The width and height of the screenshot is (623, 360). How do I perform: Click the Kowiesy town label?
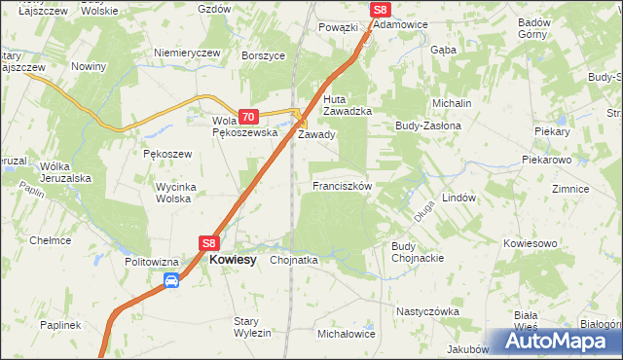tap(234, 261)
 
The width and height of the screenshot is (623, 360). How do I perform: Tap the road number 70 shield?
tap(247, 116)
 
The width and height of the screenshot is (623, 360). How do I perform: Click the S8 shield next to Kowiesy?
tap(209, 243)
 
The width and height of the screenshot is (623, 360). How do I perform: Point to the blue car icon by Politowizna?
tap(171, 281)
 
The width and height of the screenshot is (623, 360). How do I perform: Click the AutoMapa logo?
tap(555, 342)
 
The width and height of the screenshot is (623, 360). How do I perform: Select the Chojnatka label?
tap(294, 261)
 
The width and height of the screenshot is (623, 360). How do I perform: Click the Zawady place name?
tap(316, 134)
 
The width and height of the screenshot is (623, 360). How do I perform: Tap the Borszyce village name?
tap(263, 56)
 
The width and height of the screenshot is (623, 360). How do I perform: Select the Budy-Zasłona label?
tap(427, 126)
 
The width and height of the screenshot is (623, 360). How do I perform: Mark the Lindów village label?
tap(458, 196)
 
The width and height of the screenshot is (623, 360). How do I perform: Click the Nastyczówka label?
tap(426, 311)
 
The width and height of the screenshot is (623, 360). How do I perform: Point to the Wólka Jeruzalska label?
tap(65, 172)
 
